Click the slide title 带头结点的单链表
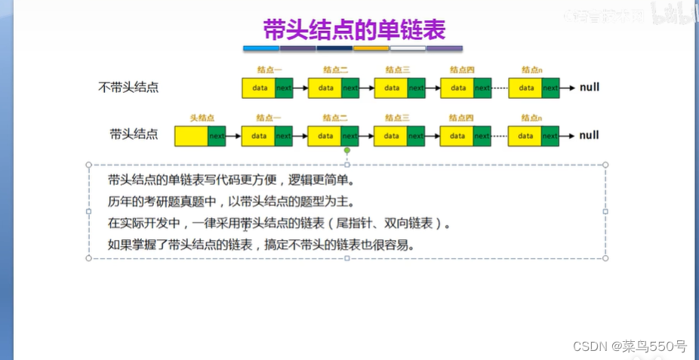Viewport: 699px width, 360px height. (x=354, y=29)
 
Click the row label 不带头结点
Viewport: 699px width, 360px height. (x=128, y=87)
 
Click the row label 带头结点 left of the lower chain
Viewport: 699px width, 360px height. (x=134, y=134)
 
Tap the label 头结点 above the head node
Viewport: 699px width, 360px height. (x=202, y=118)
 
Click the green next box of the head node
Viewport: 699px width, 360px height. (x=216, y=136)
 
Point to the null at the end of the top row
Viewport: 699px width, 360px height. (x=590, y=88)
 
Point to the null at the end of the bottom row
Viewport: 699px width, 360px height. (x=590, y=135)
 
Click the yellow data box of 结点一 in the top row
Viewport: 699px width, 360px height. (x=259, y=88)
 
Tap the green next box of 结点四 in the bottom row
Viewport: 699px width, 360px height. (x=483, y=136)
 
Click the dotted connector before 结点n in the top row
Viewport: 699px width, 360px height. (x=500, y=88)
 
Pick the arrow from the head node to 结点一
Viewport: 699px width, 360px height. (x=233, y=136)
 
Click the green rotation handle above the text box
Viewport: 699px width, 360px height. (x=347, y=151)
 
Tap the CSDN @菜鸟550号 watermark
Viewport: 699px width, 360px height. (x=630, y=346)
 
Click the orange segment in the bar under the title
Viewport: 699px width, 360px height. (x=371, y=48)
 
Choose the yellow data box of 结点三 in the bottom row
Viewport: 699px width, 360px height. (x=392, y=136)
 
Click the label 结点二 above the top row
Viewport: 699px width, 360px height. (x=334, y=70)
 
